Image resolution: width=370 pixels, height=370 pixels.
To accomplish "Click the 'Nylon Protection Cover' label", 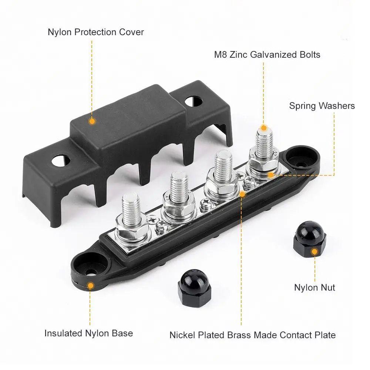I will tap(95, 32).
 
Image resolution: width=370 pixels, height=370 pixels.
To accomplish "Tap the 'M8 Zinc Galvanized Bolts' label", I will tap(267, 55).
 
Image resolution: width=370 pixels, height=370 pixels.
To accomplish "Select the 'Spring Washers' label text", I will tap(322, 106).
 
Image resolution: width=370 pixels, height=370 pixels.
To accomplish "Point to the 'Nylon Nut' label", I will tap(314, 287).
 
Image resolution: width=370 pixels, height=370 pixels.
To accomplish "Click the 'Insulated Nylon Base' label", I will tap(88, 333).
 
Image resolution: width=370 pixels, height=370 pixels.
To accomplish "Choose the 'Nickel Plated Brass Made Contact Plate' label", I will tap(252, 335).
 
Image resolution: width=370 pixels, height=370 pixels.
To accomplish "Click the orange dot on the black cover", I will tap(92, 121).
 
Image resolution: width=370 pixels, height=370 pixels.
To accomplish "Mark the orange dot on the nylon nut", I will tap(314, 252).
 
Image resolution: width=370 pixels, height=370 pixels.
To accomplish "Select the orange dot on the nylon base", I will tap(90, 285).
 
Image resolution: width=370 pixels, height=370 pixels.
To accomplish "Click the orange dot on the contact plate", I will tap(243, 194).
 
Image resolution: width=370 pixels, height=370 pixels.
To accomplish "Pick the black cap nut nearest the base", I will tap(191, 287).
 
